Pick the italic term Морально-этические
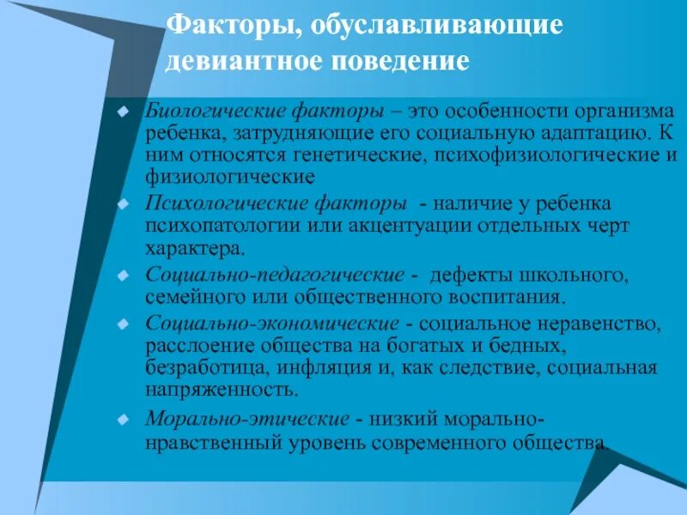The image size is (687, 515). click(247, 418)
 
